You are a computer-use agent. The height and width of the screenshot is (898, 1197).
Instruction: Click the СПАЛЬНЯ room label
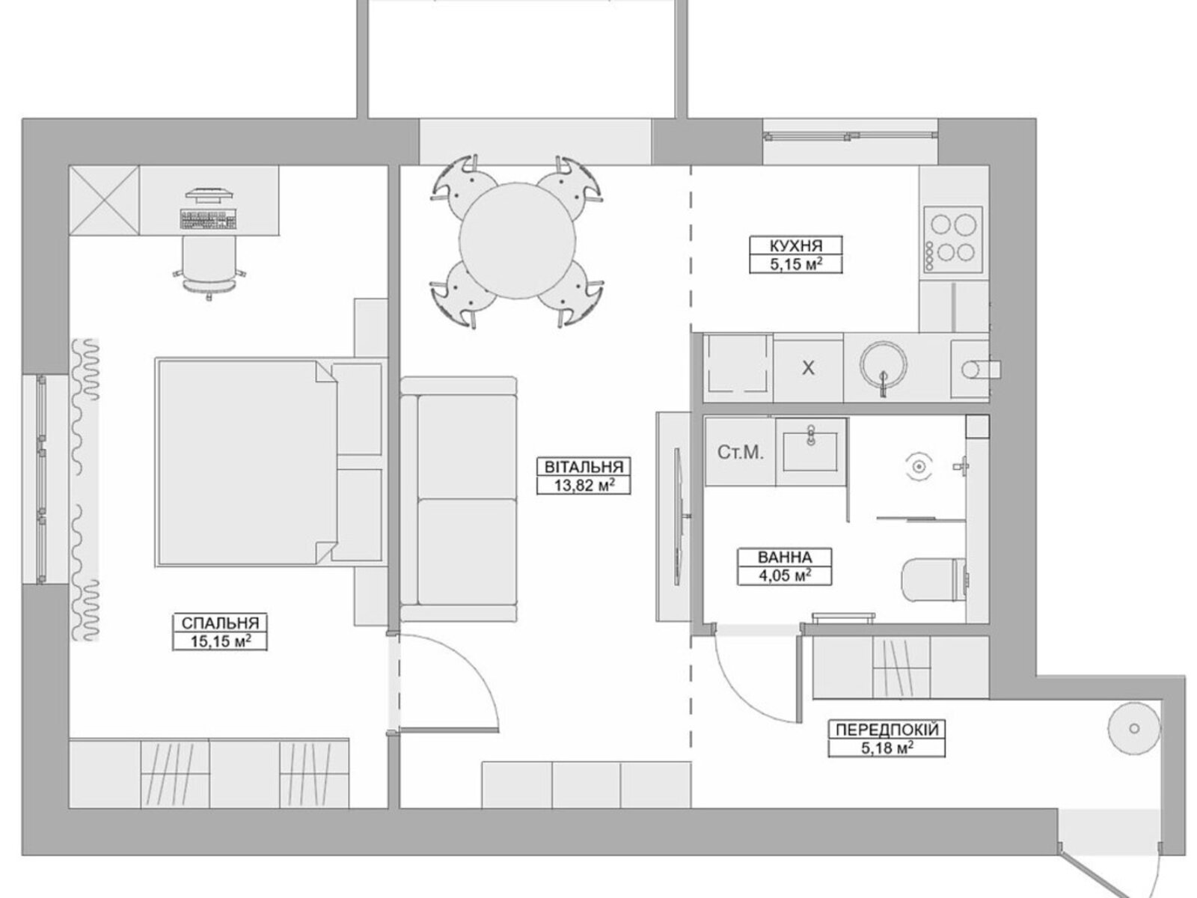[220, 623]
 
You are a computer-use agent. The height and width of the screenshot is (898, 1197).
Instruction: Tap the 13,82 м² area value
[584, 485]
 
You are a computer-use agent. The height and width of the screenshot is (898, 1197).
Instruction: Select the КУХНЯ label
[796, 245]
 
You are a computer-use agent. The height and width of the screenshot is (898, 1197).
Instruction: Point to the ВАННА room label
[784, 558]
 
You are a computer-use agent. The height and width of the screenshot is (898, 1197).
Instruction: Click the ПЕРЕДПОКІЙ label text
[887, 730]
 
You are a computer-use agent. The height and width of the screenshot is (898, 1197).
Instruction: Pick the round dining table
[517, 241]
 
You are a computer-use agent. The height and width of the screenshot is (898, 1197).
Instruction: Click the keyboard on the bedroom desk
[209, 219]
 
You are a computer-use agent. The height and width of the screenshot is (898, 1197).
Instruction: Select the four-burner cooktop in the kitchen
[952, 239]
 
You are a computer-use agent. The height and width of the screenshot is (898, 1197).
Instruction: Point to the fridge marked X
[808, 369]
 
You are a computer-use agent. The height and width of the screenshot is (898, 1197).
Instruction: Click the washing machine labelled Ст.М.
[740, 452]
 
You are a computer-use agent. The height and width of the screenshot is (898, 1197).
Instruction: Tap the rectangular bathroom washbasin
[810, 451]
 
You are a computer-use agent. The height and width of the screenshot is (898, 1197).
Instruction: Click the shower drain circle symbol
[919, 467]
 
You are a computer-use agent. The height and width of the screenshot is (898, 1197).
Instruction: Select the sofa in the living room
[458, 499]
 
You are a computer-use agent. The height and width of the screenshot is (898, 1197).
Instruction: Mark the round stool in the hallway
[1134, 728]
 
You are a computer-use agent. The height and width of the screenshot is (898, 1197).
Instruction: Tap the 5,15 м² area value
[796, 264]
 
